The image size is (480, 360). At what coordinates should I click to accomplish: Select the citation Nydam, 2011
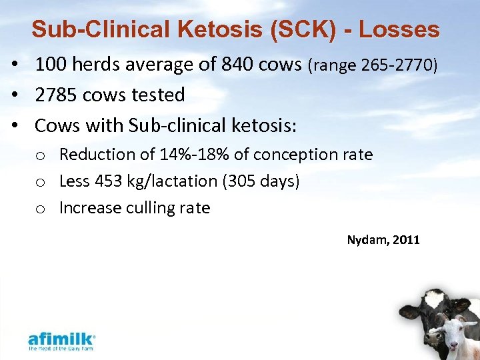pyautogui.click(x=383, y=239)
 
